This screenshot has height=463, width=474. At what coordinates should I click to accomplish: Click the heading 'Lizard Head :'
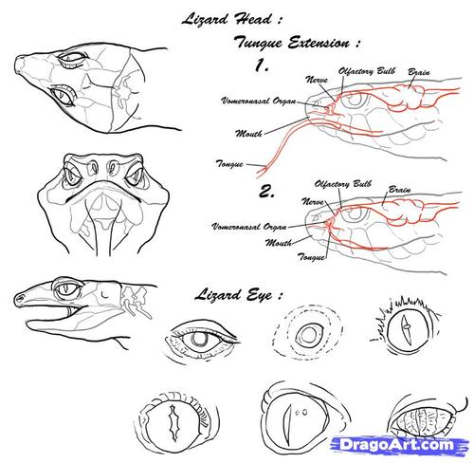(231, 19)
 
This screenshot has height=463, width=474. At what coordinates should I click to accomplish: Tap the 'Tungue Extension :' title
(297, 43)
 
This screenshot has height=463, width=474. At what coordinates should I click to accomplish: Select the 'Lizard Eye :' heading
(239, 295)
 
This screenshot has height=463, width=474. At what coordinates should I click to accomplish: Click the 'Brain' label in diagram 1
(419, 72)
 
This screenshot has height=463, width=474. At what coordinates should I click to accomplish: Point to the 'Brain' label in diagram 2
(399, 190)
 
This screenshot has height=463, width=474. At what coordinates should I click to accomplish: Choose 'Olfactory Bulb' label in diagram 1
(367, 71)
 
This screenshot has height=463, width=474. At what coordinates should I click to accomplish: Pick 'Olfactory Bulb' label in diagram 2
(343, 184)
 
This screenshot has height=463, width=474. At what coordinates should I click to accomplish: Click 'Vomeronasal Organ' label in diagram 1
(259, 101)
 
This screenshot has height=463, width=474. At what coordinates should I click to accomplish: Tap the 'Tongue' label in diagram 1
(229, 164)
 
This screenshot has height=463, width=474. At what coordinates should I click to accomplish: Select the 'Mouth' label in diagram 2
(279, 243)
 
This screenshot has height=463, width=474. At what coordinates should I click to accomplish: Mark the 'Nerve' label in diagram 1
(317, 80)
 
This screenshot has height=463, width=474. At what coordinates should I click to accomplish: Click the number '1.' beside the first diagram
(262, 65)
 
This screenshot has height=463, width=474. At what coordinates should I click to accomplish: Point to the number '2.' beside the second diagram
(266, 192)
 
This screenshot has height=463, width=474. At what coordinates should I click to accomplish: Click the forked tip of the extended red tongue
(263, 172)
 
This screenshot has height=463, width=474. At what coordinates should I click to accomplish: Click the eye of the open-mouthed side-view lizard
(67, 289)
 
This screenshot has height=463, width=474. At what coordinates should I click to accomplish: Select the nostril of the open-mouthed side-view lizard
(21, 298)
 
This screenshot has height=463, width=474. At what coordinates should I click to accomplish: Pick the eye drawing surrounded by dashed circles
(308, 334)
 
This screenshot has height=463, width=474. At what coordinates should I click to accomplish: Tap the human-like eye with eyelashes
(202, 339)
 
